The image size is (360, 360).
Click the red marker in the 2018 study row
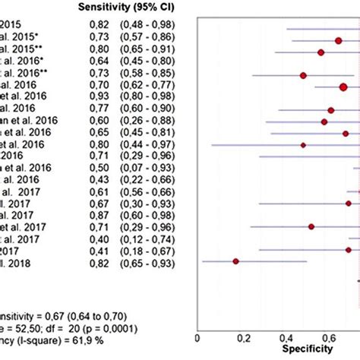click(x=235, y=261)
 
